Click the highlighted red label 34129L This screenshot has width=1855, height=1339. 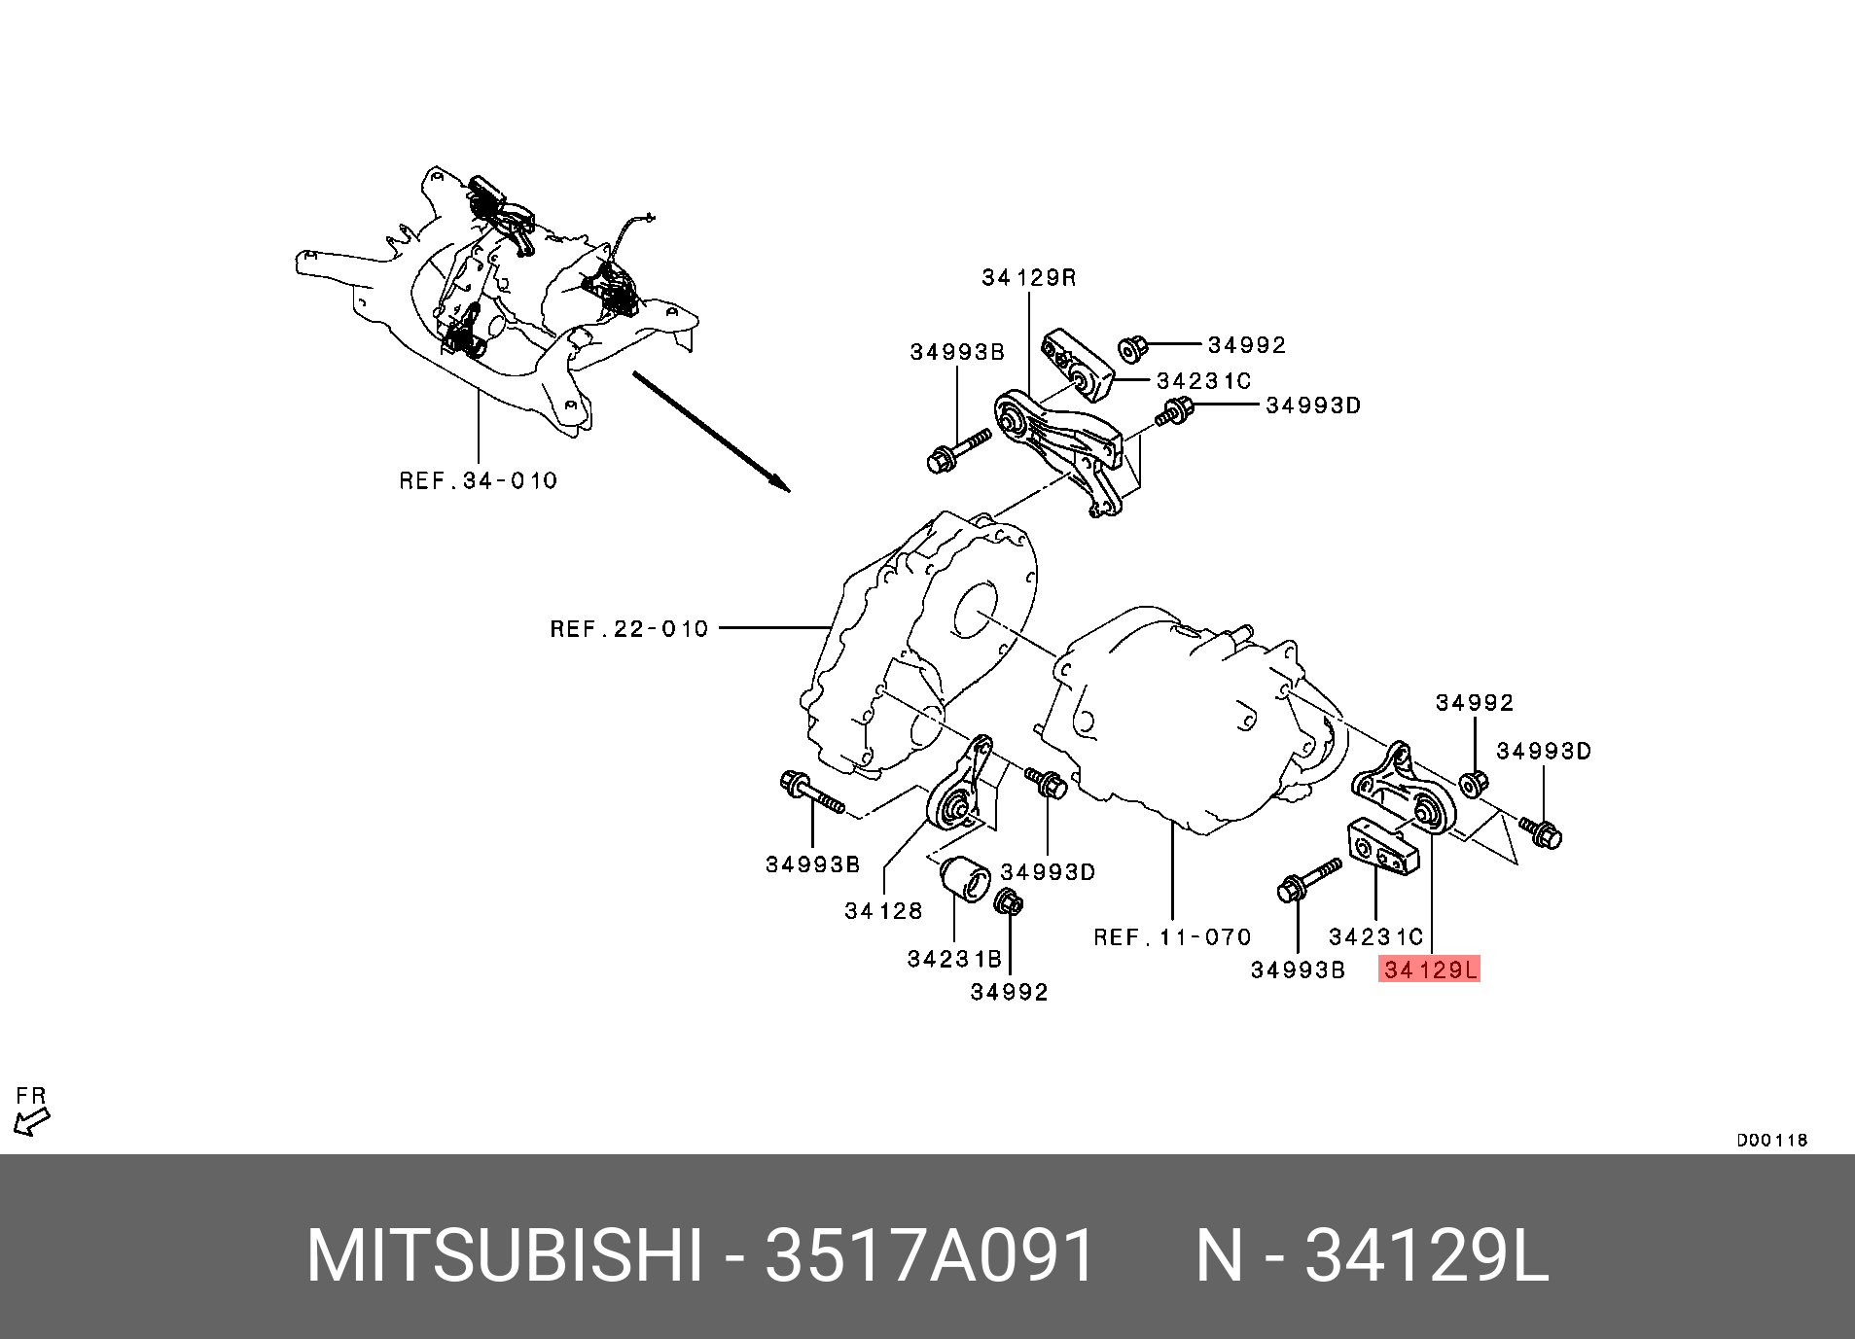[1429, 969]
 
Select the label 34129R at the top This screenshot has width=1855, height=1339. [1028, 278]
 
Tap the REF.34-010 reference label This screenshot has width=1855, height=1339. [479, 480]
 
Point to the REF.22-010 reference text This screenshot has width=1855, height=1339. [629, 629]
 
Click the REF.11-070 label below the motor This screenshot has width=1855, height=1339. [1172, 937]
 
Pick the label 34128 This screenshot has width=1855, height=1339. [883, 911]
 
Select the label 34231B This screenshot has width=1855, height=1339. [954, 959]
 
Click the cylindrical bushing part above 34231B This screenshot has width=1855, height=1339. [283, 881]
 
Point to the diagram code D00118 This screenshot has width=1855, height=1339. [1771, 1140]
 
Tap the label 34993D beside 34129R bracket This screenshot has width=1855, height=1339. [1312, 405]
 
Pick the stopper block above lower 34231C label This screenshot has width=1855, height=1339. [1381, 847]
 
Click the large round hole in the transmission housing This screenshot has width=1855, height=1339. [976, 612]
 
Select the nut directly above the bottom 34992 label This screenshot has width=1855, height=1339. [1008, 901]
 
